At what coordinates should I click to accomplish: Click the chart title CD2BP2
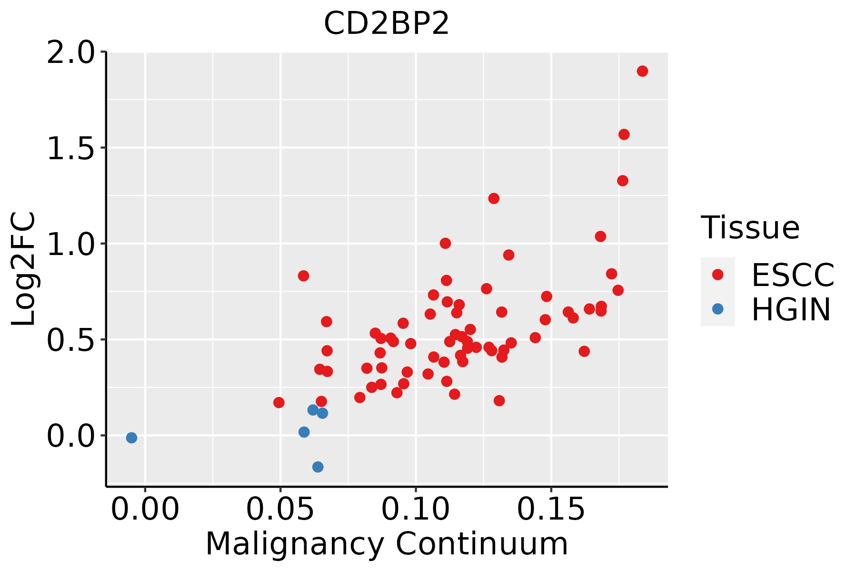(x=386, y=23)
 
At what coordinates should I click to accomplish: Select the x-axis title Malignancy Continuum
(x=387, y=544)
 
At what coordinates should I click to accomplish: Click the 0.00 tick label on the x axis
(x=145, y=510)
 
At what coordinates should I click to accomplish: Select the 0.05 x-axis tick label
(x=280, y=510)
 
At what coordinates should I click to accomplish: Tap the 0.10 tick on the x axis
(x=416, y=510)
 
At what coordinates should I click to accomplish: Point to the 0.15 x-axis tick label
(x=551, y=510)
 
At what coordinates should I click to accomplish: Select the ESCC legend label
(x=793, y=275)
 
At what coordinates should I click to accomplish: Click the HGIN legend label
(x=791, y=309)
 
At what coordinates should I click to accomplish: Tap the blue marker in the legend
(x=717, y=309)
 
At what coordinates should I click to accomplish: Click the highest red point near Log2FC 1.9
(x=642, y=71)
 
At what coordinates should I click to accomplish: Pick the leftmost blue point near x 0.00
(x=131, y=438)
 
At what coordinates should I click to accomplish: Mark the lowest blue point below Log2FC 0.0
(x=318, y=467)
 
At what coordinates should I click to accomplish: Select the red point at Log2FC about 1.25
(x=494, y=198)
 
